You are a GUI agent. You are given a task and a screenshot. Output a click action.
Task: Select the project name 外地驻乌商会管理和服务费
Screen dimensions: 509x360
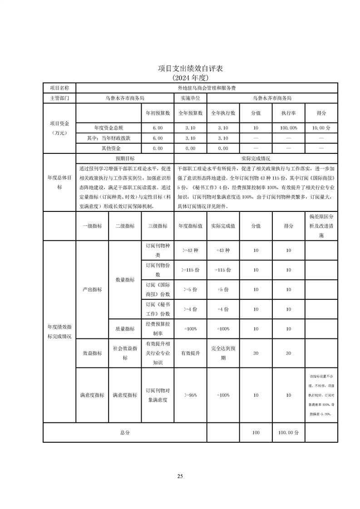point(207,88)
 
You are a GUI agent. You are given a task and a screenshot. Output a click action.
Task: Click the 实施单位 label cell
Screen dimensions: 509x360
point(190,98)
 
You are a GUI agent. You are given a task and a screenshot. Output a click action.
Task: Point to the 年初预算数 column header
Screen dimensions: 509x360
point(158,113)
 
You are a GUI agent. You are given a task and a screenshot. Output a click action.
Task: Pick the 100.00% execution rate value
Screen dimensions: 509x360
point(288,128)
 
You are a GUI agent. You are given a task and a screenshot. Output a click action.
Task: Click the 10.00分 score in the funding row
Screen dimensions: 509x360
point(321,128)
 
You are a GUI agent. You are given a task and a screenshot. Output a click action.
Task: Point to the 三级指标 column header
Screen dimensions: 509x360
point(158,226)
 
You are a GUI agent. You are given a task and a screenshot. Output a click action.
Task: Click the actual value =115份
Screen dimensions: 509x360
point(223,270)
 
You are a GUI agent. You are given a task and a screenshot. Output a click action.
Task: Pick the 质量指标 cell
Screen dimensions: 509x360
point(125,329)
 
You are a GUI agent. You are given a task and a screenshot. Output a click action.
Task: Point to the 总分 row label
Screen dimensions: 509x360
point(125,433)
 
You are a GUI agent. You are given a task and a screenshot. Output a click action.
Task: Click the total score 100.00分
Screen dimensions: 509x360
point(288,433)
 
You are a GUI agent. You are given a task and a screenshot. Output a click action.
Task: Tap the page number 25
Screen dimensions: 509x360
point(180,476)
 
